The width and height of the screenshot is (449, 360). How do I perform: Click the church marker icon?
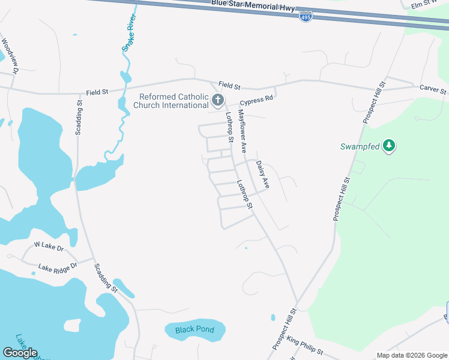tap(218, 100)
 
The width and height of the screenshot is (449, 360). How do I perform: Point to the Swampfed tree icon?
tap(390, 146)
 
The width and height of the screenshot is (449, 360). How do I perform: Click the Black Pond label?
tap(194, 330)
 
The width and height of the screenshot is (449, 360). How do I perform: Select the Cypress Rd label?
tap(256, 98)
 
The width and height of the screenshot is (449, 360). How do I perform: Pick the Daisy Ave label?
tap(262, 175)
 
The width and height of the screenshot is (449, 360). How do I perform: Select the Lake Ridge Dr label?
tap(58, 267)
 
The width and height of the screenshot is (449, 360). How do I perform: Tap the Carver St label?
tap(433, 89)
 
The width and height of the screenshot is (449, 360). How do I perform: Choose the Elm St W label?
tap(429, 5)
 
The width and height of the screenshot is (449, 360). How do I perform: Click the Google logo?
tap(20, 352)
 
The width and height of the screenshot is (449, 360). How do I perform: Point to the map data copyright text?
tap(412, 355)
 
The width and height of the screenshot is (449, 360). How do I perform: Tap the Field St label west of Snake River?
tap(97, 92)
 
